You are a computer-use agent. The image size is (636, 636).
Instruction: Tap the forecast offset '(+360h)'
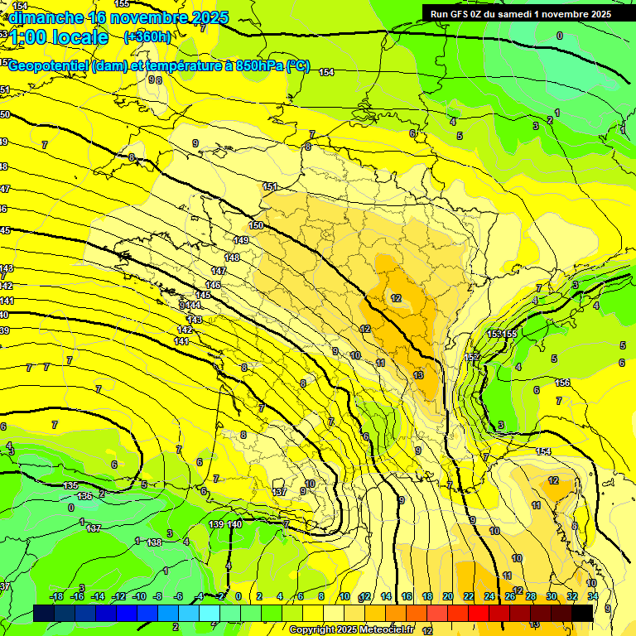(147, 36)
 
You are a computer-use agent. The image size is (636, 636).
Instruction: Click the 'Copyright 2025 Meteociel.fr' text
(351, 629)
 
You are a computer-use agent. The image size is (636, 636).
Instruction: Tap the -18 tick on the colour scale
(57, 596)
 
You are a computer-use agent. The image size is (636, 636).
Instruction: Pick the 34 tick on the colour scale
(593, 596)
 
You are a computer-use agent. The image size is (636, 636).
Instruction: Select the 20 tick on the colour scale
(448, 596)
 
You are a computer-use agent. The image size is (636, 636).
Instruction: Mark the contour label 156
(562, 383)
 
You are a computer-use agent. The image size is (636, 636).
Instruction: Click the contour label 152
(471, 357)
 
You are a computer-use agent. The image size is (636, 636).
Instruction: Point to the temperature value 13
(418, 375)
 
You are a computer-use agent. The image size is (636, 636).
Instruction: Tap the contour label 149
(241, 240)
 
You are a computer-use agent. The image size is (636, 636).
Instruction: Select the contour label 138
(154, 542)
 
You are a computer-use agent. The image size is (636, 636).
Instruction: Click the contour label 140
(234, 524)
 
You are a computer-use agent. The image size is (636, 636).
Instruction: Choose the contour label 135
(71, 485)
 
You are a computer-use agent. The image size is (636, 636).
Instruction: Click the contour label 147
(219, 271)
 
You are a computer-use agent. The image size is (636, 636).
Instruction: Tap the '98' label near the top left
(155, 79)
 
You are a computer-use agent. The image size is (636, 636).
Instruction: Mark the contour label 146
(214, 285)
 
